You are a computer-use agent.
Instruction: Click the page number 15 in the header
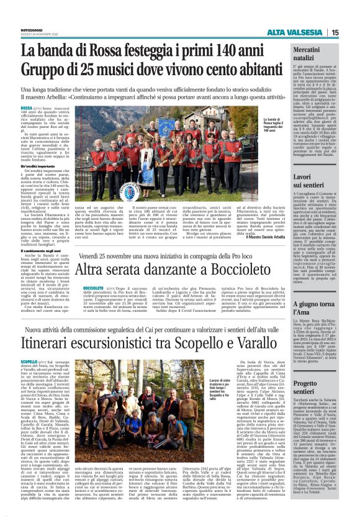coord(351,33)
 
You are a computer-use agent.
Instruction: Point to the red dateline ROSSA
coord(27,107)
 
